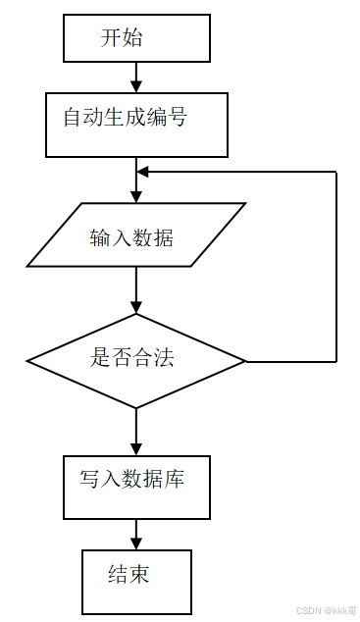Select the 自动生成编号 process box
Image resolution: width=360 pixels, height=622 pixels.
point(136,125)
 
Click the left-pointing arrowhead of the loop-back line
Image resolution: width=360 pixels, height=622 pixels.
point(143,172)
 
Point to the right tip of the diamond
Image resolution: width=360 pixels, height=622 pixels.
point(245,361)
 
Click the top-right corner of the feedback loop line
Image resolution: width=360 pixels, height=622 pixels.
point(336,172)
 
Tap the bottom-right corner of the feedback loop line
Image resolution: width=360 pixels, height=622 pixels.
point(336,361)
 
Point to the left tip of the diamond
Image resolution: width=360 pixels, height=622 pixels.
point(28,361)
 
